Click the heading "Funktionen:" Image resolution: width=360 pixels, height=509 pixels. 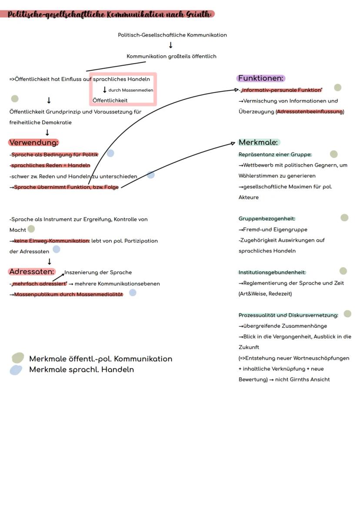tap(261, 78)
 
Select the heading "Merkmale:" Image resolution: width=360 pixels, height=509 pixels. tap(258, 143)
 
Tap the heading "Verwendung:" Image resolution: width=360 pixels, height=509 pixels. tap(33, 143)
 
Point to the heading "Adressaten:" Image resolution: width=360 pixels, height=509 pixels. tap(32, 272)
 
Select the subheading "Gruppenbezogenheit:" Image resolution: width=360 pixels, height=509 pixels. tap(267, 219)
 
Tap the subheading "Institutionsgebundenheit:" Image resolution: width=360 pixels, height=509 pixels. tap(272, 273)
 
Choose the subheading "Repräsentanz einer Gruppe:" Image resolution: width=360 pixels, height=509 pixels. tap(275, 154)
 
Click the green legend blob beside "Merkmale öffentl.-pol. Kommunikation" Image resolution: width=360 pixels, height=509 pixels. tap(17, 358)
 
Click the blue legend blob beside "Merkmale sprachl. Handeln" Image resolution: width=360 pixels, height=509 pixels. tap(16, 370)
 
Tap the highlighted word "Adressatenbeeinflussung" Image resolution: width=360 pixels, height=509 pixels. tap(310, 112)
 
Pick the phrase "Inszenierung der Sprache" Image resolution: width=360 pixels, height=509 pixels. tap(98, 273)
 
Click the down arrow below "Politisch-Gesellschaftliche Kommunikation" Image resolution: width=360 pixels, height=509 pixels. tap(170, 45)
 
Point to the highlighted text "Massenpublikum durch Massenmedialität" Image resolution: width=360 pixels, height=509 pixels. tap(68, 294)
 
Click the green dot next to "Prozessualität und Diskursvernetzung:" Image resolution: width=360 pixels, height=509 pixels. tap(347, 314)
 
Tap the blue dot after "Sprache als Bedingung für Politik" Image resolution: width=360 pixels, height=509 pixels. tap(110, 153)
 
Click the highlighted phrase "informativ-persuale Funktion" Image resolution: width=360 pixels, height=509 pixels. tap(282, 90)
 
